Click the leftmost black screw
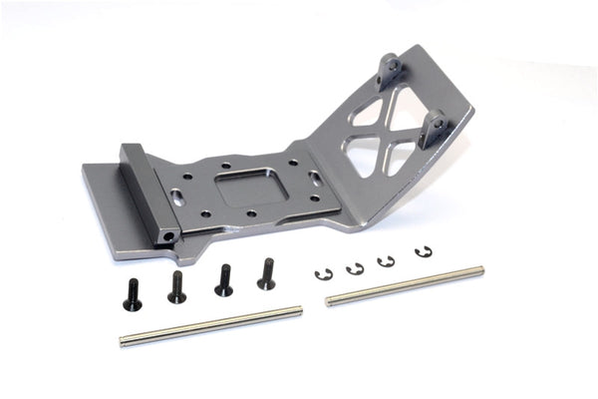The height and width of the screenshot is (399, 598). [130, 293]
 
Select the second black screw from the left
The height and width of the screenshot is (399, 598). [176, 287]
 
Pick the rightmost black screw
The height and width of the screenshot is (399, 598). [266, 274]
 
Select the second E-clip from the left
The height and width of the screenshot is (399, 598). [355, 268]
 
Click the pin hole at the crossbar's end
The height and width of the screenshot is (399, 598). [170, 236]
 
